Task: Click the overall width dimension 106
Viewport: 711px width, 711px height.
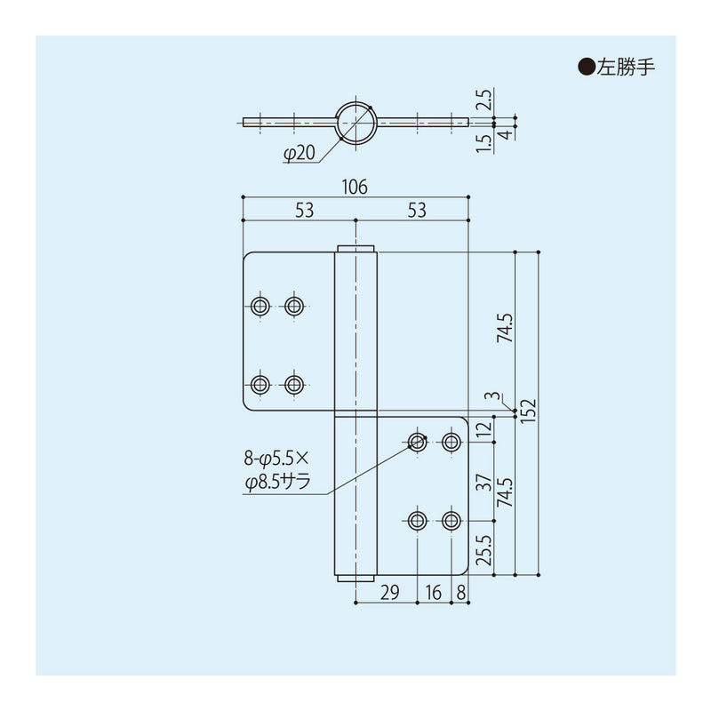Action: tap(355, 187)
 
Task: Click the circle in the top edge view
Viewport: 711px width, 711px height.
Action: tap(355, 121)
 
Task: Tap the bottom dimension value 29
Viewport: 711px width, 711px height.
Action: tap(387, 591)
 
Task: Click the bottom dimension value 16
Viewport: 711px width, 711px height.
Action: tap(435, 591)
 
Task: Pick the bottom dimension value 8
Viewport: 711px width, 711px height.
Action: tap(459, 591)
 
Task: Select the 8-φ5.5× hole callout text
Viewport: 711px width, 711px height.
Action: tap(275, 459)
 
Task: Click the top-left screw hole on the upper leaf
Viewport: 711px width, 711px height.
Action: tap(260, 306)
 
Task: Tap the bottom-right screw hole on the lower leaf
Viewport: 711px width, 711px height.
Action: tap(451, 520)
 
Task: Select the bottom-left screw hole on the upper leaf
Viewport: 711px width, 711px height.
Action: tap(260, 385)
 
